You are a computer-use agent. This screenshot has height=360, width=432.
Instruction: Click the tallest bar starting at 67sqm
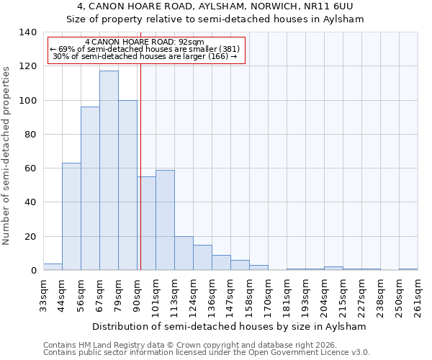coord(109,171)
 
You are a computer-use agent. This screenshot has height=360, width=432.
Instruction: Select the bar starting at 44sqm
coord(71,217)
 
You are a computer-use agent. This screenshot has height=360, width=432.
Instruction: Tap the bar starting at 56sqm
coord(90,189)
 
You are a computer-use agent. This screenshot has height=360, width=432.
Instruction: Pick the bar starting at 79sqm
coord(127,185)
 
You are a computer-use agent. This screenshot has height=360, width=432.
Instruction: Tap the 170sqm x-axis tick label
coord(268,295)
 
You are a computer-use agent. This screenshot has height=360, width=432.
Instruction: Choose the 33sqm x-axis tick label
coord(43,295)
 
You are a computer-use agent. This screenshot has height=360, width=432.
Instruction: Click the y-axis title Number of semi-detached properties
coord(7,155)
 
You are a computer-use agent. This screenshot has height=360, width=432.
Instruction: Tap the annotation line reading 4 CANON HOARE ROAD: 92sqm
coord(144,42)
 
